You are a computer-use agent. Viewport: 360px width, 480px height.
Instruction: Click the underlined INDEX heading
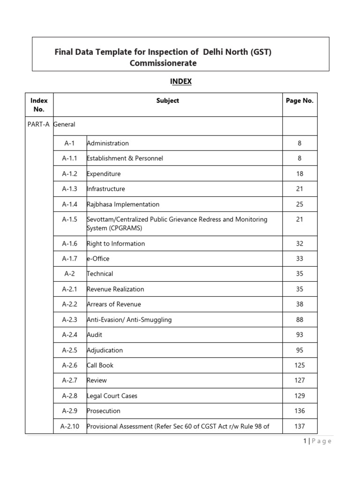click(x=180, y=82)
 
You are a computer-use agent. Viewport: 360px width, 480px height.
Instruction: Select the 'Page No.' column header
click(x=300, y=100)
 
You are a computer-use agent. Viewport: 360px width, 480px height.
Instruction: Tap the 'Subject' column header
click(x=168, y=100)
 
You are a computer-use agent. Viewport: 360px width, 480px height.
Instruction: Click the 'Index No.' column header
click(x=39, y=105)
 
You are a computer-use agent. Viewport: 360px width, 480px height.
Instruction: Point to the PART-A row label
click(x=38, y=124)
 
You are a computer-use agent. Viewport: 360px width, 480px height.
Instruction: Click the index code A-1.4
click(x=70, y=204)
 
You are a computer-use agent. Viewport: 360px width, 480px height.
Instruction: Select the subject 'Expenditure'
click(x=104, y=174)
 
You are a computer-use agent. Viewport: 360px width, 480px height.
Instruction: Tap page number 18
click(x=300, y=174)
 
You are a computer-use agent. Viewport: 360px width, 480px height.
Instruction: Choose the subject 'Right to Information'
click(x=116, y=244)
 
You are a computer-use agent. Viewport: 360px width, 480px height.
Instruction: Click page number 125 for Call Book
click(x=300, y=365)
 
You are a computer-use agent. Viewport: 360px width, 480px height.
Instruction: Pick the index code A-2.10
click(x=70, y=426)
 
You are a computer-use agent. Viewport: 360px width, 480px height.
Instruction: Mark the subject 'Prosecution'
click(x=104, y=411)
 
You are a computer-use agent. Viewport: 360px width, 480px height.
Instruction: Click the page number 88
click(x=300, y=320)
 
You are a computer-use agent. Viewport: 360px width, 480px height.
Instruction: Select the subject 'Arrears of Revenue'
click(x=114, y=304)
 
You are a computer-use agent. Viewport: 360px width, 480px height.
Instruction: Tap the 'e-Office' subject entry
click(x=98, y=259)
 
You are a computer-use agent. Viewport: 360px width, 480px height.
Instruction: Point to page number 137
click(x=300, y=426)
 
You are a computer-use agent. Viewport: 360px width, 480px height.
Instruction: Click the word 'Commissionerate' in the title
click(x=163, y=63)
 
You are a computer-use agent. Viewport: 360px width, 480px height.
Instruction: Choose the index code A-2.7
click(x=70, y=381)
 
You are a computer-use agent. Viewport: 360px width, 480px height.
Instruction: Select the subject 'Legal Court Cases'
click(x=112, y=396)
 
